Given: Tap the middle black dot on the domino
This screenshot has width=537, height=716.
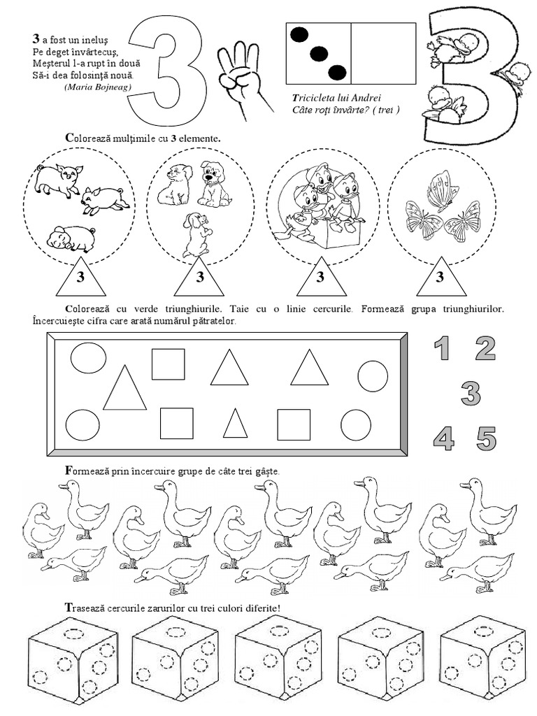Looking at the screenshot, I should [x=320, y=53].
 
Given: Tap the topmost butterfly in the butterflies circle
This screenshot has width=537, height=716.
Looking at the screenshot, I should [x=442, y=189].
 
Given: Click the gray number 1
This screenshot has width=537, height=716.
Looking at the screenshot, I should [x=441, y=348].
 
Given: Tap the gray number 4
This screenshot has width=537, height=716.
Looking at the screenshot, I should [x=444, y=439].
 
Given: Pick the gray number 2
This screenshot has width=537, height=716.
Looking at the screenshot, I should [x=485, y=348].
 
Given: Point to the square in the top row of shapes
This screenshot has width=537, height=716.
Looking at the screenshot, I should [x=169, y=364].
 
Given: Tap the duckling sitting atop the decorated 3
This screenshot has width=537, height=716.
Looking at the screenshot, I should [x=445, y=47].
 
